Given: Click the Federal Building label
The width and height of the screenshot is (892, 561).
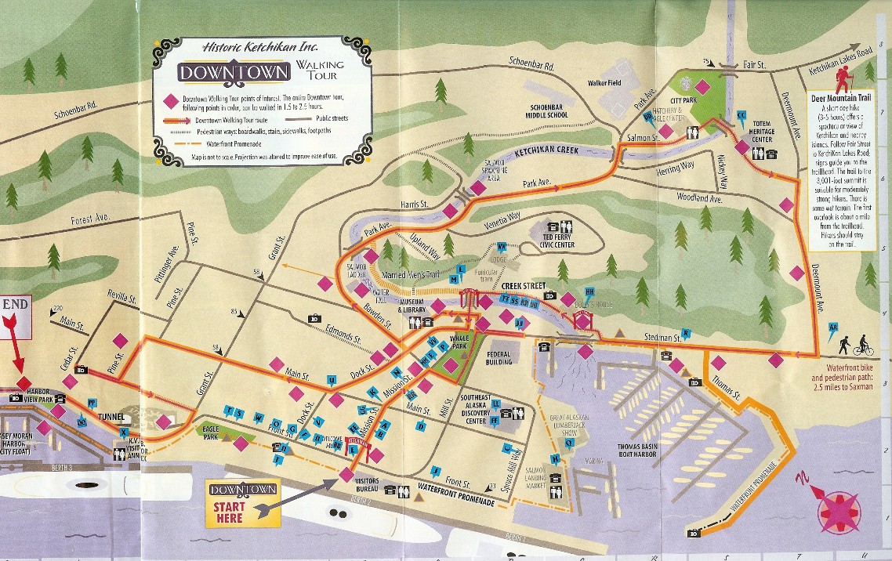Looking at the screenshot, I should (x=499, y=358).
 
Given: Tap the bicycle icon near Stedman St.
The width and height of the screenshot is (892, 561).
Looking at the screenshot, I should (x=863, y=345).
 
